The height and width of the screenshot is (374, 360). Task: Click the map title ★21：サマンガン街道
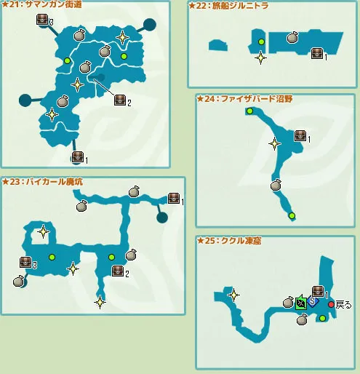pyautogui.click(x=41, y=4)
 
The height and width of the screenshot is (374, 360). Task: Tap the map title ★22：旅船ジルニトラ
pyautogui.click(x=228, y=6)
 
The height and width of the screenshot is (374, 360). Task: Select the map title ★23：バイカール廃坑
pyautogui.click(x=42, y=182)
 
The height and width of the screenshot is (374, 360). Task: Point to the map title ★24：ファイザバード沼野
pyautogui.click(x=245, y=99)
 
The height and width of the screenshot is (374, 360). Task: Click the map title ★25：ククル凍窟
pyautogui.click(x=229, y=241)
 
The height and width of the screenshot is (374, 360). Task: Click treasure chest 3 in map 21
pyautogui.click(x=42, y=20)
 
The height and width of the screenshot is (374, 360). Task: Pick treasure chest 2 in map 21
pyautogui.click(x=120, y=100)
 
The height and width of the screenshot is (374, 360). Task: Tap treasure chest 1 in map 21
pyautogui.click(x=78, y=157)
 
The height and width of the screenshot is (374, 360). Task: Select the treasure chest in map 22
pyautogui.click(x=317, y=54)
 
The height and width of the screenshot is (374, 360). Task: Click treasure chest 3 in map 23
pyautogui.click(x=25, y=262)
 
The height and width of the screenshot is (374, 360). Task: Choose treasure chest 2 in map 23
pyautogui.click(x=118, y=271)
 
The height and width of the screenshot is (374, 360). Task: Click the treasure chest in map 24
pyautogui.click(x=300, y=136)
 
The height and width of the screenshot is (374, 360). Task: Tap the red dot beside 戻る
pyautogui.click(x=331, y=305)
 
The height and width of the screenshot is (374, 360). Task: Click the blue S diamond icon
pyautogui.click(x=313, y=301)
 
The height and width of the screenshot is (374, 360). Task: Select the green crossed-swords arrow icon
pyautogui.click(x=301, y=302)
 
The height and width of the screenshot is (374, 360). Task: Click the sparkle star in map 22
pyautogui.click(x=260, y=57)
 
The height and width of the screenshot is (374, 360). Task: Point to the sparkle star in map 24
pyautogui.click(x=274, y=143)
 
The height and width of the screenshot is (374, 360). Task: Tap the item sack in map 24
pyautogui.click(x=276, y=185)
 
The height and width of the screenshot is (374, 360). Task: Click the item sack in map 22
pyautogui.click(x=292, y=37)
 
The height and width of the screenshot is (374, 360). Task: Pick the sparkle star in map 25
pyautogui.click(x=234, y=295)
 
